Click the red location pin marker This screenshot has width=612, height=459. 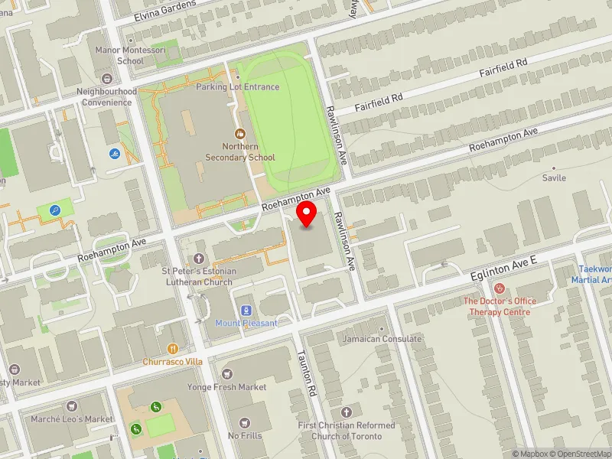tap(307, 214)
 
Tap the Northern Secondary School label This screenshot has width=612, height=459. tap(240, 151)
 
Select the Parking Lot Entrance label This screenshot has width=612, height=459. tap(237, 87)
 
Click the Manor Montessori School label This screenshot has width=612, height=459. tap(119, 55)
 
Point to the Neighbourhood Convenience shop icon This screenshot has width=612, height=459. tap(106, 79)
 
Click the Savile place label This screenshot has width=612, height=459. tap(554, 177)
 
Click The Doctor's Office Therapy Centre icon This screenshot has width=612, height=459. tap(500, 288)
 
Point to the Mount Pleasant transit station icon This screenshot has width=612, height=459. tap(246, 311)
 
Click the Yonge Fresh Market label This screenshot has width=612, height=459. tap(226, 387)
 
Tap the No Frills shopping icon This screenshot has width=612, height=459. tap(244, 423)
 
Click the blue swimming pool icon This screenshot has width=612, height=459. tap(114, 154)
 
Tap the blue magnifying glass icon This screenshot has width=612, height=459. tap(55, 209)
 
